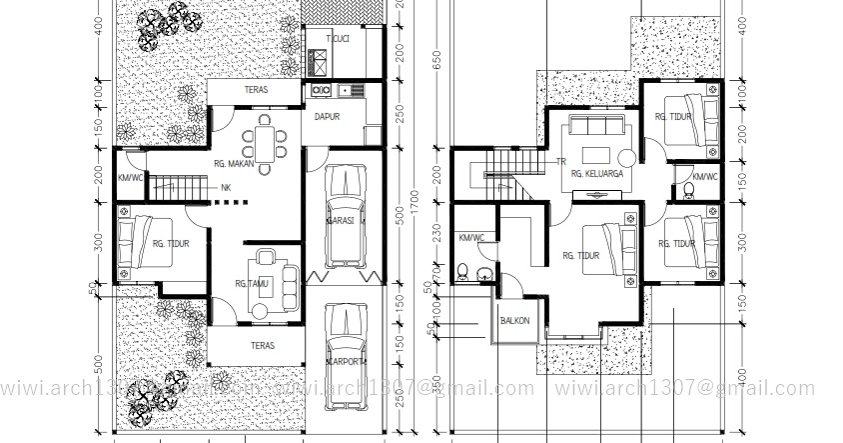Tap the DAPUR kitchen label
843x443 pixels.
(328, 116)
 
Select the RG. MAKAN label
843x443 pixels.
(234, 163)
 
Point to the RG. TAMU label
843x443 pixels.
(254, 283)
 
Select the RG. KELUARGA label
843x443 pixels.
(597, 174)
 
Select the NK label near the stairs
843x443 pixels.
(226, 187)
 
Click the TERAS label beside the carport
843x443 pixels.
(254, 345)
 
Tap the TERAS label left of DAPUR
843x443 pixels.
(255, 90)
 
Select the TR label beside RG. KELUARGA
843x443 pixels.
(561, 160)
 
